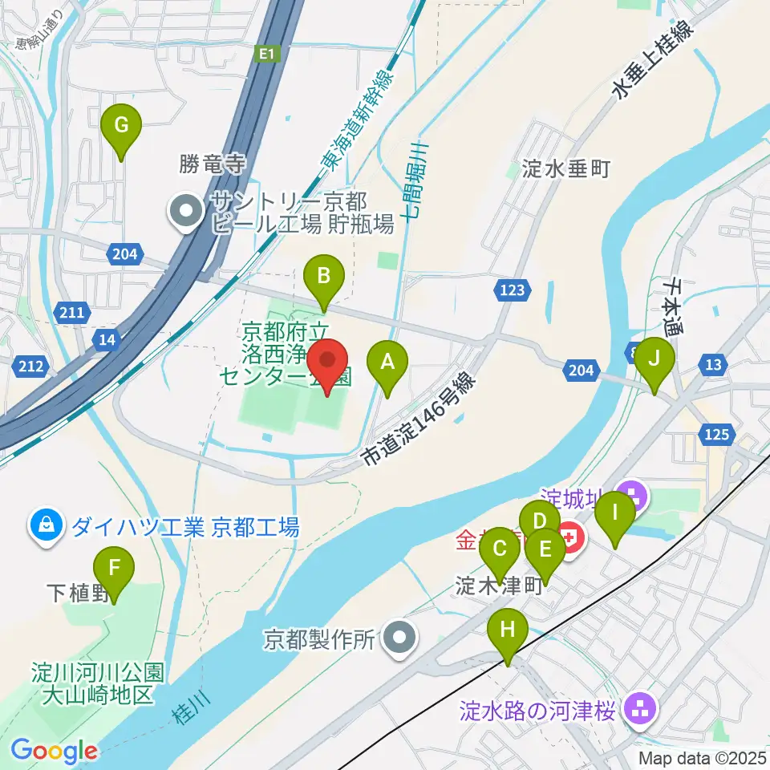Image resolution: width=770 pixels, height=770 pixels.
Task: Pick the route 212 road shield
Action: (29, 367)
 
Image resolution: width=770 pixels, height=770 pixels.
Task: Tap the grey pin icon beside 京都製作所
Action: (399, 639)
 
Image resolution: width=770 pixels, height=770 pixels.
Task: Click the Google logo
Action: (55, 752)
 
